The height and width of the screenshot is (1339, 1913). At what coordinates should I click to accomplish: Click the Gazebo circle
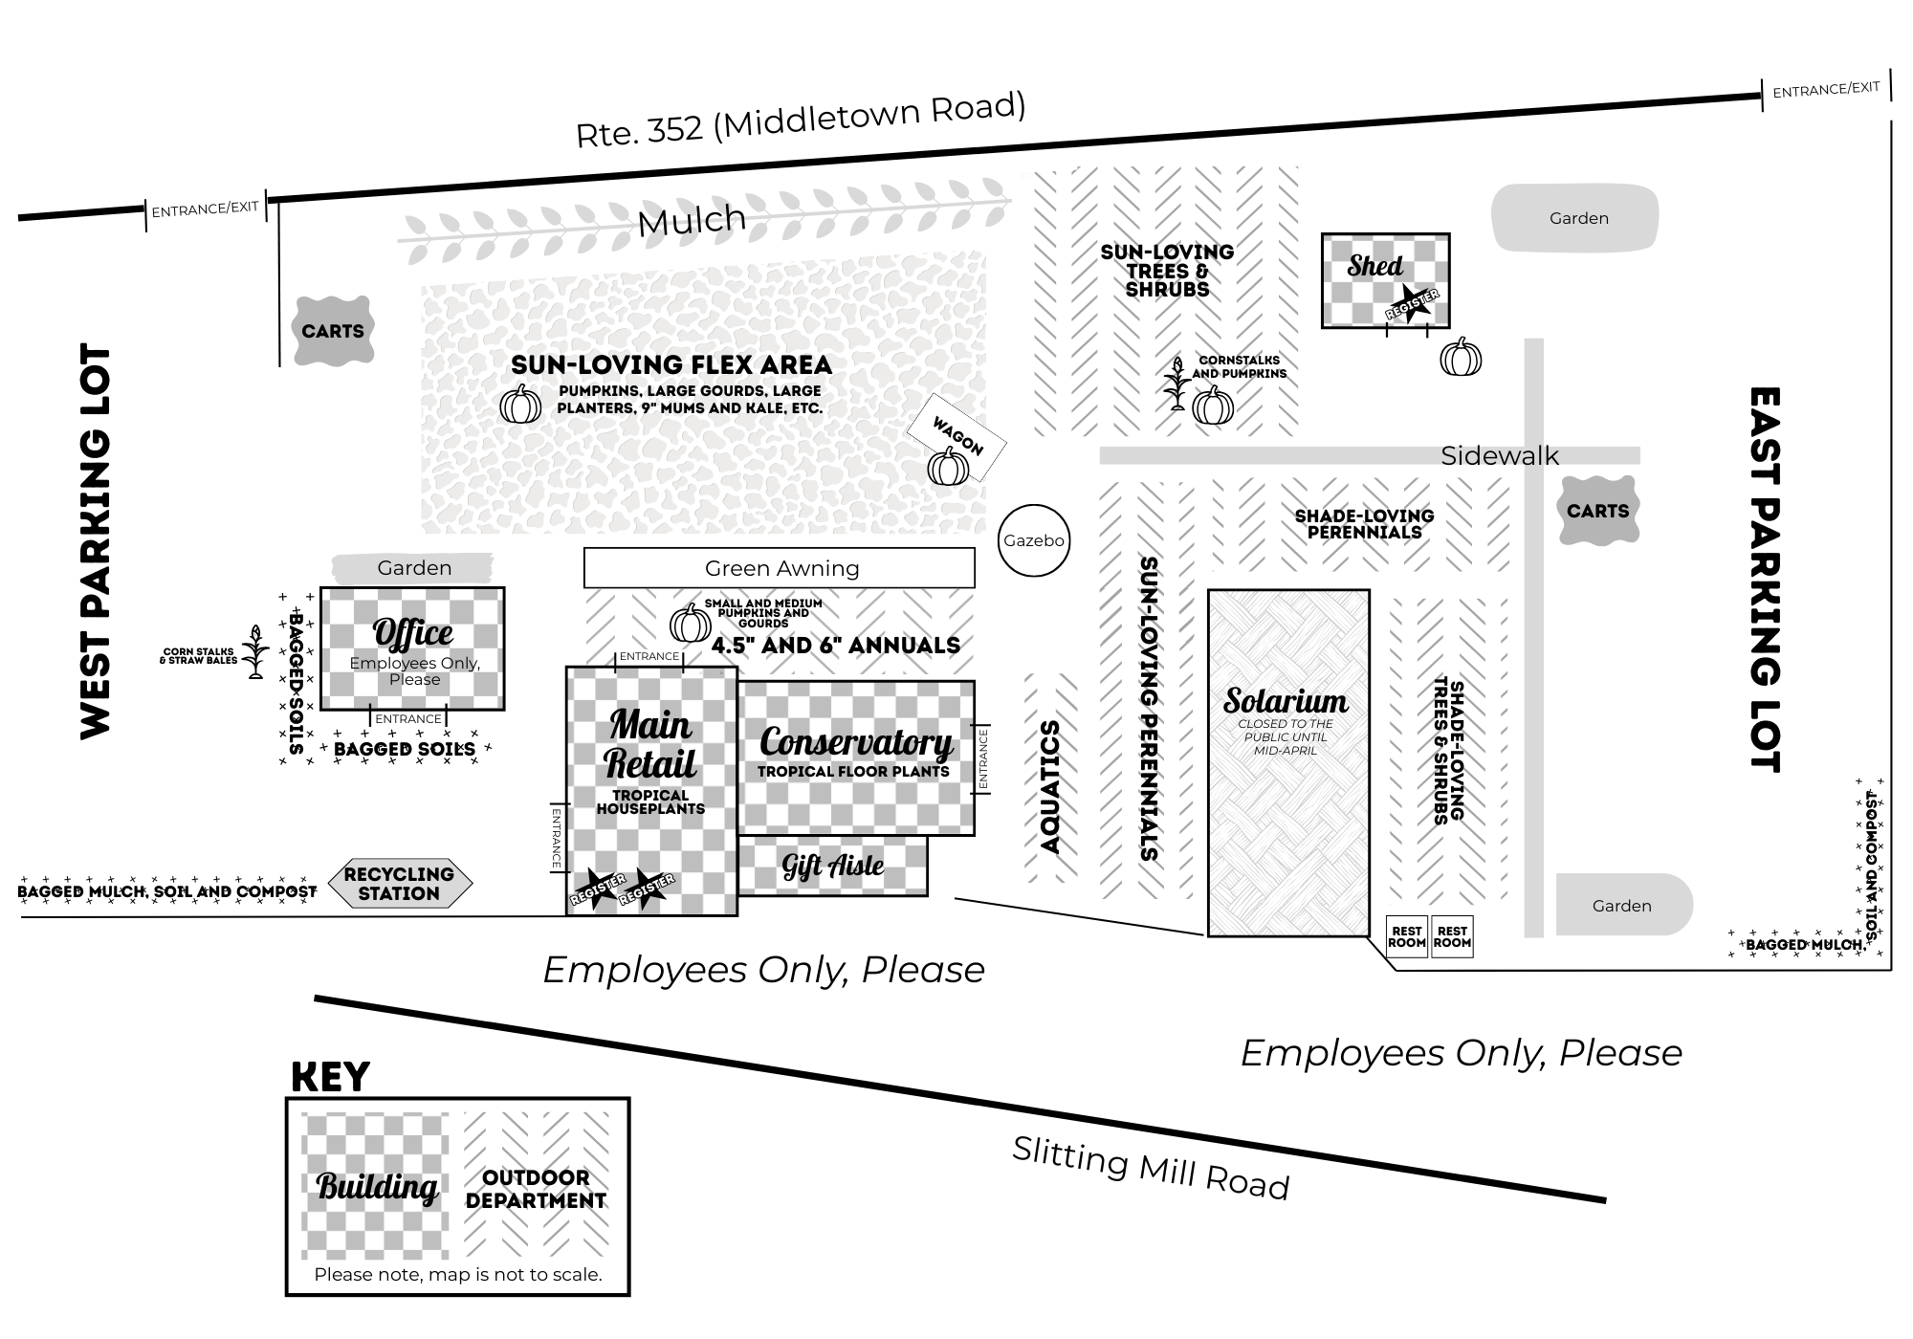pos(1033,540)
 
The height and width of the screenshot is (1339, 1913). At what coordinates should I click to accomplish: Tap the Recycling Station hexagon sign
pos(399,883)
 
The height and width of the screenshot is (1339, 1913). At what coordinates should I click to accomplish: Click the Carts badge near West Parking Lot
pos(333,331)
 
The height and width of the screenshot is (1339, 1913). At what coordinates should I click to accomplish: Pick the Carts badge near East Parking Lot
pos(1597,511)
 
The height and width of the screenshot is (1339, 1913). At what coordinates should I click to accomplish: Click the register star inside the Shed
pos(1412,301)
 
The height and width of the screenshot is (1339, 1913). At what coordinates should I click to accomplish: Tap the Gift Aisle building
pos(832,866)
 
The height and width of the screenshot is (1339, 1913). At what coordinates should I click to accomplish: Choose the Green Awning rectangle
pos(780,568)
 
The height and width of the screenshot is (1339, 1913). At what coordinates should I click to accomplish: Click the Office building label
pos(412,633)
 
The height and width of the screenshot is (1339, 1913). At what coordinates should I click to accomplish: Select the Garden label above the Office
pos(413,568)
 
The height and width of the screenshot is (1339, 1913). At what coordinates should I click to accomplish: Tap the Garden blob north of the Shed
pos(1578,218)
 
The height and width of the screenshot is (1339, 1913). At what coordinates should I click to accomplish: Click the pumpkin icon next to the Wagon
pos(948,467)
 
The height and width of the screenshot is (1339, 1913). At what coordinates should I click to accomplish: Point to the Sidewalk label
pos(1499,456)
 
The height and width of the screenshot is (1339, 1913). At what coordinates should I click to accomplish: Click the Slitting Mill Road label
pos(1151,1167)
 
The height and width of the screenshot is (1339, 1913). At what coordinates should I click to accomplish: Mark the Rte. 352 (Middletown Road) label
pos(801,120)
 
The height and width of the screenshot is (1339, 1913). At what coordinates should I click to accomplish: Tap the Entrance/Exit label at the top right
pos(1826,90)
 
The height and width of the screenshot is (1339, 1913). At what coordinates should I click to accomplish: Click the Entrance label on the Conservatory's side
pos(982,759)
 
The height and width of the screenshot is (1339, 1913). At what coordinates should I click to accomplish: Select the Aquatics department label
pos(1050,786)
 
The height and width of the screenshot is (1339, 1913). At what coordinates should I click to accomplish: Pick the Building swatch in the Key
pos(376,1186)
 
